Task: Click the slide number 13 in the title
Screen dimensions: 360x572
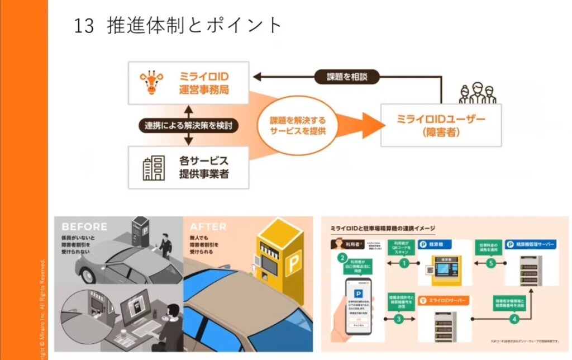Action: point(83,26)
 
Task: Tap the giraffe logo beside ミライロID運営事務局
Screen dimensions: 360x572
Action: point(150,83)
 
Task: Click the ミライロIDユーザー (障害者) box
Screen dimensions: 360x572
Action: point(441,125)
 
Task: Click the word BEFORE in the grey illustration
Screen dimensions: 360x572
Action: point(84,226)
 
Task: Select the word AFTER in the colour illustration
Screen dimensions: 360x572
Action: point(208,227)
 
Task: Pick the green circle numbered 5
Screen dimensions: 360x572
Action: point(491,262)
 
